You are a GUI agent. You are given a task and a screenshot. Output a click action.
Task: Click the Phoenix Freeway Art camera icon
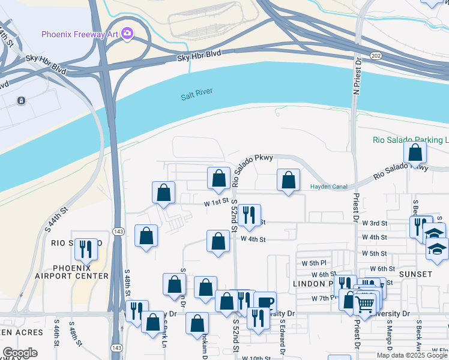(x=127, y=34)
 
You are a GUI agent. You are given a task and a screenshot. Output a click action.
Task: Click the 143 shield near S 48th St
(x=118, y=231)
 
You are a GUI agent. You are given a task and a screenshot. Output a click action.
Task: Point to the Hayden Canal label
(x=328, y=187)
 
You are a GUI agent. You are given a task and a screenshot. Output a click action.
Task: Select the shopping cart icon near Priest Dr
(x=365, y=305)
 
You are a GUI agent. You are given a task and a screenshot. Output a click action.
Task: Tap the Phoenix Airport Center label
(x=80, y=272)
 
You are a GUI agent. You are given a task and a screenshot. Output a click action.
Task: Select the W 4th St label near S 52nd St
(x=253, y=239)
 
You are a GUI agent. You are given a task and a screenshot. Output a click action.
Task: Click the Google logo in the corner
(x=20, y=353)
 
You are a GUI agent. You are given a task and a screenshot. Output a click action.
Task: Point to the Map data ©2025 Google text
(x=411, y=355)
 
